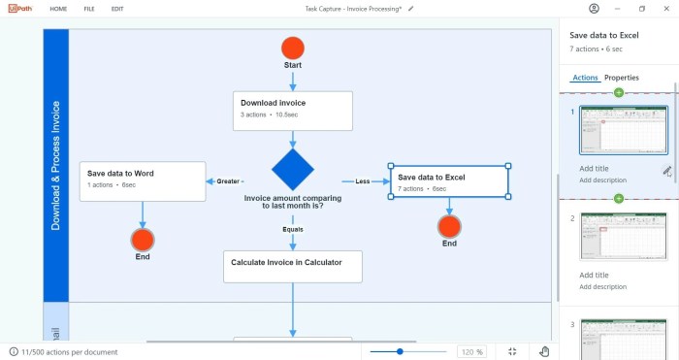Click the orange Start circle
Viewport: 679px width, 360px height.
coord(293,48)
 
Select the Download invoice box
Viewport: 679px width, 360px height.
coord(292,111)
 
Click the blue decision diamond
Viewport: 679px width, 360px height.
coord(292,170)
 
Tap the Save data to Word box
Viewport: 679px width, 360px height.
coord(143,180)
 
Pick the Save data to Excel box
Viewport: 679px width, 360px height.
coord(449,181)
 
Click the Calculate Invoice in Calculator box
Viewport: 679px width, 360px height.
coord(292,266)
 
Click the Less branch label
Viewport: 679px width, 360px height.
coord(363,180)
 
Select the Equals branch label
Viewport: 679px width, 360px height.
coord(293,229)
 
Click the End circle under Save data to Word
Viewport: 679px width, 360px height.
coord(143,240)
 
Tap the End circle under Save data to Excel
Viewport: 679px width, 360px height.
coord(449,226)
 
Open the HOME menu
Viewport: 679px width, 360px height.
coord(58,9)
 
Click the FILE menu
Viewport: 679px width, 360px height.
coord(89,9)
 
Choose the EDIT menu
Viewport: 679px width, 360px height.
coord(117,9)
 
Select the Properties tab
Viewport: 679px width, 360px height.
coord(622,78)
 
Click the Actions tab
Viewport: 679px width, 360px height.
coord(586,78)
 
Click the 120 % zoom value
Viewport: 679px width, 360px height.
coord(472,351)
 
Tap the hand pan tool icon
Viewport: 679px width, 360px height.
coord(545,351)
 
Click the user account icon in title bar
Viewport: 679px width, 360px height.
coord(594,9)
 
